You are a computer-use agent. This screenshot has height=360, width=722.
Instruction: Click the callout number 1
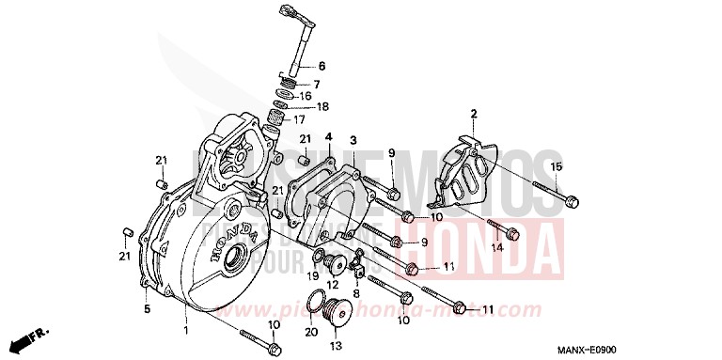click(x=186, y=331)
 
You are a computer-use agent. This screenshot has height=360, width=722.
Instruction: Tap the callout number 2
click(x=474, y=114)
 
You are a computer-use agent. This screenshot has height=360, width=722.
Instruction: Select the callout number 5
click(x=147, y=307)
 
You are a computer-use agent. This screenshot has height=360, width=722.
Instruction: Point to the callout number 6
click(x=321, y=66)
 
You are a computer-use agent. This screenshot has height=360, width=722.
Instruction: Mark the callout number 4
click(x=330, y=138)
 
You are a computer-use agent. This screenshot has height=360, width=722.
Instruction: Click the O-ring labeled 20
click(x=319, y=302)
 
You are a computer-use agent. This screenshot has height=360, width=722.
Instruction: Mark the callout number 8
click(x=357, y=293)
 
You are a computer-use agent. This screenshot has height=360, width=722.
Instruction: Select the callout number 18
click(x=322, y=106)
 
